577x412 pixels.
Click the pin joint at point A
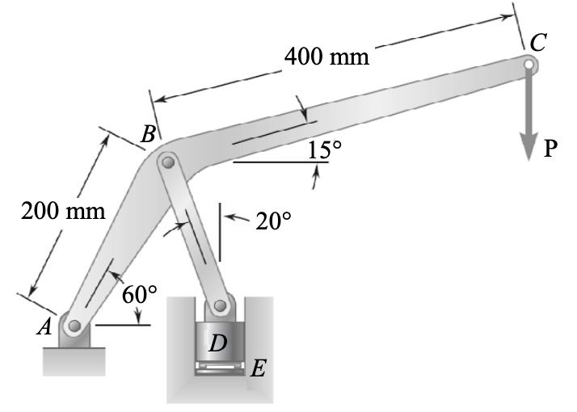point(74,326)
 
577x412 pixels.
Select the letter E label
point(258,370)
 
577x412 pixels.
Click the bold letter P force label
point(550,148)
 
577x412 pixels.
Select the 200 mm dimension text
point(63,212)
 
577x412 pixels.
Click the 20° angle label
point(273,221)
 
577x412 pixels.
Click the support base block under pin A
point(74,360)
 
